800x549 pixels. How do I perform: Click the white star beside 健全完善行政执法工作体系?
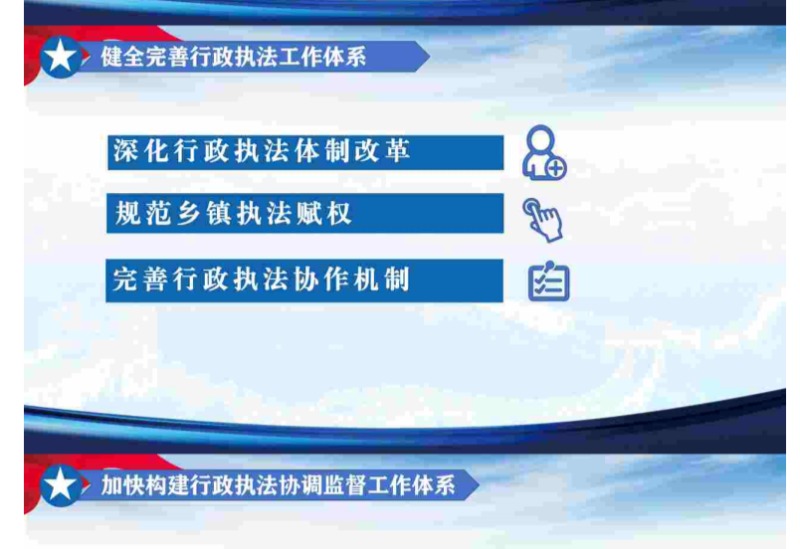(x=60, y=55)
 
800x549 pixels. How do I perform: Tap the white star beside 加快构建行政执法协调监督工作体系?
(x=60, y=483)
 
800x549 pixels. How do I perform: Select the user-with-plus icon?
(x=544, y=152)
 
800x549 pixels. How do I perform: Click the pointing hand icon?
(x=542, y=220)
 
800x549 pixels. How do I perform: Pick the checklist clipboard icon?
(x=548, y=281)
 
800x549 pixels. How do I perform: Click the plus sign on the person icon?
(x=555, y=168)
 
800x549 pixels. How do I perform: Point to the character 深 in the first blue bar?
(x=125, y=151)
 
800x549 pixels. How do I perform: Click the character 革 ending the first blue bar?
(x=397, y=151)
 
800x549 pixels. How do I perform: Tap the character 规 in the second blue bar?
(x=127, y=213)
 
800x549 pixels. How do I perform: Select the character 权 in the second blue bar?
(x=339, y=213)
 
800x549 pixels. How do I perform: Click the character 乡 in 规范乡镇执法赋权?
(x=188, y=213)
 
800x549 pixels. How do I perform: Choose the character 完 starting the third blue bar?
(x=125, y=279)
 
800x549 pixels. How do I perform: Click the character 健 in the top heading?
(x=111, y=56)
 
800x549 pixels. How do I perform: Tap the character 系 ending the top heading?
(x=355, y=56)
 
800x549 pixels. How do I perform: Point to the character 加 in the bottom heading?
(x=111, y=484)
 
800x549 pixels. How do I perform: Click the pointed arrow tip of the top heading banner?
(x=429, y=56)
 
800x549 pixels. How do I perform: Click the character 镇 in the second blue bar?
(x=218, y=213)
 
